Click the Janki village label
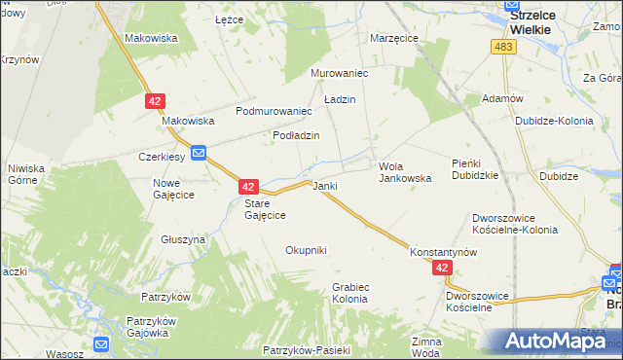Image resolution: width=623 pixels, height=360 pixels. [324, 185]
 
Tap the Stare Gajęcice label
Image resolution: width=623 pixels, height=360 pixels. [264, 208]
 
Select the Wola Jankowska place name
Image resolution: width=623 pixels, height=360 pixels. [404, 172]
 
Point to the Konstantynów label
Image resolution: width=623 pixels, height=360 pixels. [443, 250]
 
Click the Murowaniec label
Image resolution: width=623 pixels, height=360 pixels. [338, 73]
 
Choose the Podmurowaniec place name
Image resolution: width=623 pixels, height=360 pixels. [273, 111]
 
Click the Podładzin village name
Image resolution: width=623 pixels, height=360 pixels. [296, 135]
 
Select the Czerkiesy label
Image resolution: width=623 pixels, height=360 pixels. [163, 156]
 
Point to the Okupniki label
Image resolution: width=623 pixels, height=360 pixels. [306, 250]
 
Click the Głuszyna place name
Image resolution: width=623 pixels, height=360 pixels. [183, 238]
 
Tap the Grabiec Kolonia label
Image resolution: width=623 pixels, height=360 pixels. [349, 293]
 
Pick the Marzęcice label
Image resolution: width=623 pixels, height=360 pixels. [394, 38]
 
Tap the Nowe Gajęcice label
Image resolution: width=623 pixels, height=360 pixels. [173, 189]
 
